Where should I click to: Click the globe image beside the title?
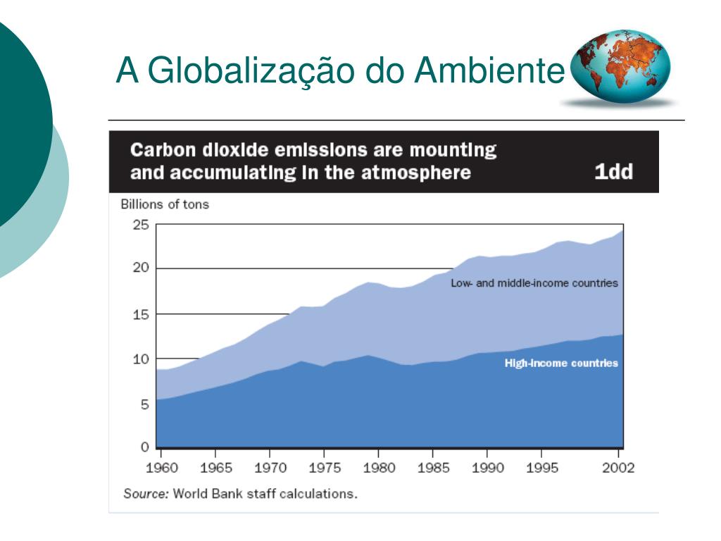[619, 67]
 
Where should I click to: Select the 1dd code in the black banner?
[613, 173]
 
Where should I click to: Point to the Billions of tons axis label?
[165, 205]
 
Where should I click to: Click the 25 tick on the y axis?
[141, 225]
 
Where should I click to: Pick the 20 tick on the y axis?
[141, 268]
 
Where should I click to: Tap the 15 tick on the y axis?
[141, 313]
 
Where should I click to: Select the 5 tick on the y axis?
[144, 404]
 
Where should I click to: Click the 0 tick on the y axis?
[145, 447]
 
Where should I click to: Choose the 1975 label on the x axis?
[323, 468]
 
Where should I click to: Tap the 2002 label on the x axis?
[617, 468]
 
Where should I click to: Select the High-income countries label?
[561, 363]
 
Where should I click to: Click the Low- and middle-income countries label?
[534, 283]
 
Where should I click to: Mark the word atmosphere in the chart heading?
[417, 173]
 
